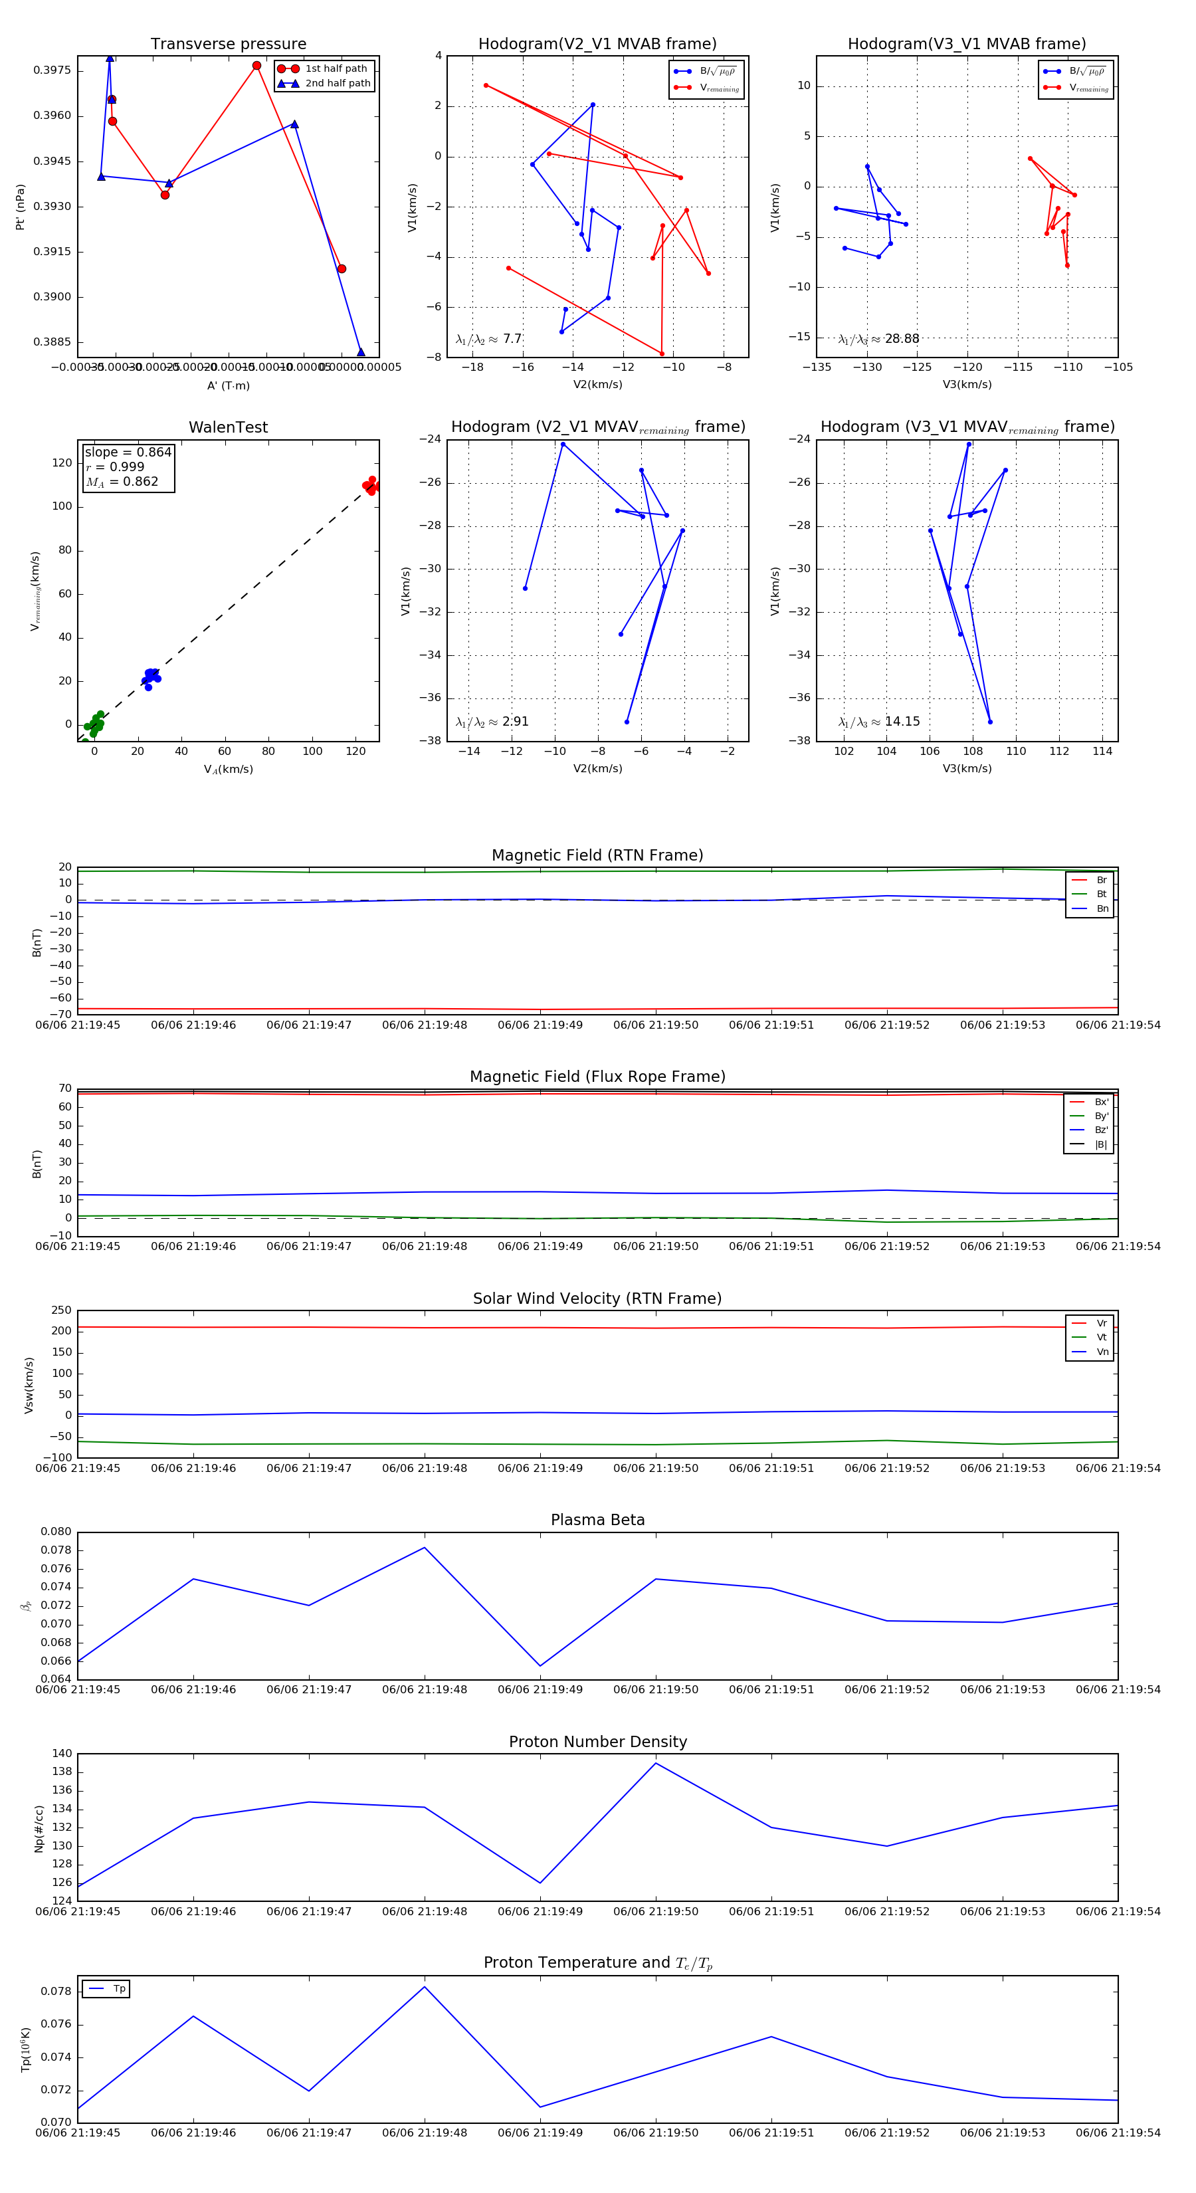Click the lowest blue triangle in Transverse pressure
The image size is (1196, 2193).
click(x=361, y=352)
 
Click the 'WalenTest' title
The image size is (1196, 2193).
click(x=228, y=427)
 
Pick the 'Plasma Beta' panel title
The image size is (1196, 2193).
click(x=597, y=1520)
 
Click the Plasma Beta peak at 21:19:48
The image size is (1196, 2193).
click(x=425, y=1548)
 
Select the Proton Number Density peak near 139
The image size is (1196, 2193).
click(x=655, y=1763)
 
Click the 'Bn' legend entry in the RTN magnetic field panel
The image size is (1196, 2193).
click(x=1102, y=908)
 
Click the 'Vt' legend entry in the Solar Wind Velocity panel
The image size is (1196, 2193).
click(x=1102, y=1338)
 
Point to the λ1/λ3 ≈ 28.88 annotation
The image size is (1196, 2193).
click(x=878, y=339)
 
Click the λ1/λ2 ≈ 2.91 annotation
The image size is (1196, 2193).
click(x=492, y=722)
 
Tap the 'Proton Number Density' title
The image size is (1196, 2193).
click(x=597, y=1742)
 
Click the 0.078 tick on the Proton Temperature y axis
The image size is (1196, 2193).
click(x=56, y=1991)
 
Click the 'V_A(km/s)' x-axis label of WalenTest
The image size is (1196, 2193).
click(x=228, y=770)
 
